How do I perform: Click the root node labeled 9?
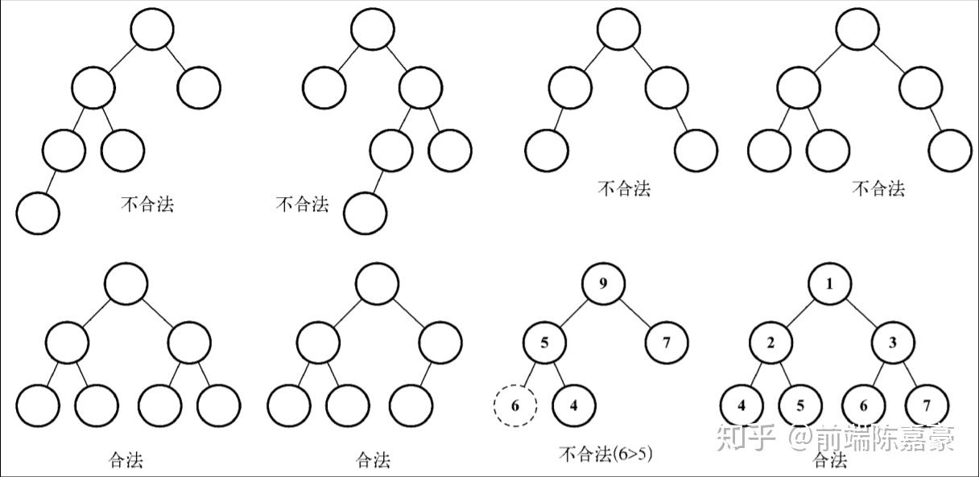click(x=605, y=284)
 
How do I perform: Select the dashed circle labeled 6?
click(x=514, y=405)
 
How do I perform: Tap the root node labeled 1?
click(x=829, y=284)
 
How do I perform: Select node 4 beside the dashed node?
click(x=574, y=405)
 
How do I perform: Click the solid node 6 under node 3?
click(x=864, y=405)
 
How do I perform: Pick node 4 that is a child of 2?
click(x=741, y=405)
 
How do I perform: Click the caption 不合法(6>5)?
click(x=605, y=454)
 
